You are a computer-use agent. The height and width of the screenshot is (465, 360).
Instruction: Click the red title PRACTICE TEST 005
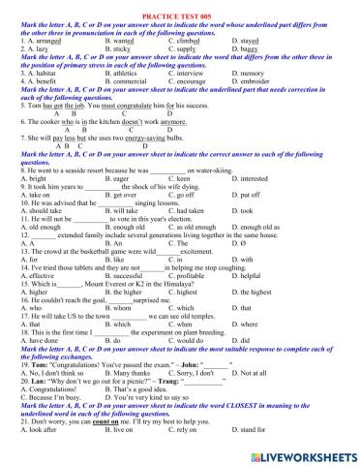click(x=179, y=5)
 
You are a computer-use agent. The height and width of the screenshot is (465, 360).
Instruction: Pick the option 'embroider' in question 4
click(x=258, y=81)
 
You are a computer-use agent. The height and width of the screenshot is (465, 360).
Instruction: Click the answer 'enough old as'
click(x=263, y=228)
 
